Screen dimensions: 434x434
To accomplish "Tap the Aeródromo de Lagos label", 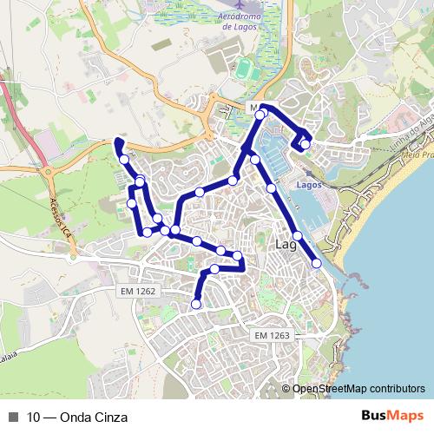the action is pos(227,21).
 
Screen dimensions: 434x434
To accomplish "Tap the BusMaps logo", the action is pos(393,417).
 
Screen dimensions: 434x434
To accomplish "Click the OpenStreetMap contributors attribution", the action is pos(358,389).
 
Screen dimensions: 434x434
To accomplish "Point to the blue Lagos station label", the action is pos(308,186).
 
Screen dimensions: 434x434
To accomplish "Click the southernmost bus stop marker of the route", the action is pos(196,304).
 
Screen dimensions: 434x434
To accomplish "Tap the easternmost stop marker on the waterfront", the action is pos(317,262).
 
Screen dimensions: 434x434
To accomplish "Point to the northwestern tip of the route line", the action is pos(118,141).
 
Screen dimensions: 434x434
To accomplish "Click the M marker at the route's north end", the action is pos(253,108).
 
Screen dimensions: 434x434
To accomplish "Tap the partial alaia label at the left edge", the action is pos(8,356).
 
